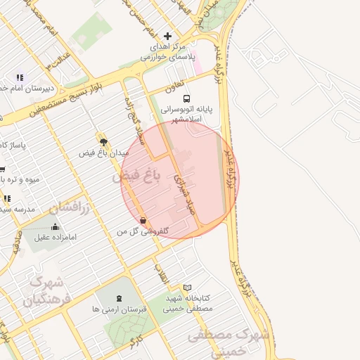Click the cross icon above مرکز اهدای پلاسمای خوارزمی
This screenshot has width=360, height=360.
[167, 36]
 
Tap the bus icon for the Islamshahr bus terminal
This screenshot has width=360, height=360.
[186, 99]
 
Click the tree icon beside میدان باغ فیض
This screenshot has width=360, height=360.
[103, 141]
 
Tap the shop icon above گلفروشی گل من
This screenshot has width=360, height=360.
[143, 221]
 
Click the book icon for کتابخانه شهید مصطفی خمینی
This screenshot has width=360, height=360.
[187, 288]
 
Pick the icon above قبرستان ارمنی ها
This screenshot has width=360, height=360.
[117, 300]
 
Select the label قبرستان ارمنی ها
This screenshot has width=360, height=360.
[118, 309]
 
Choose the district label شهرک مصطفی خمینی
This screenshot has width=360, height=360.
[232, 342]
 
